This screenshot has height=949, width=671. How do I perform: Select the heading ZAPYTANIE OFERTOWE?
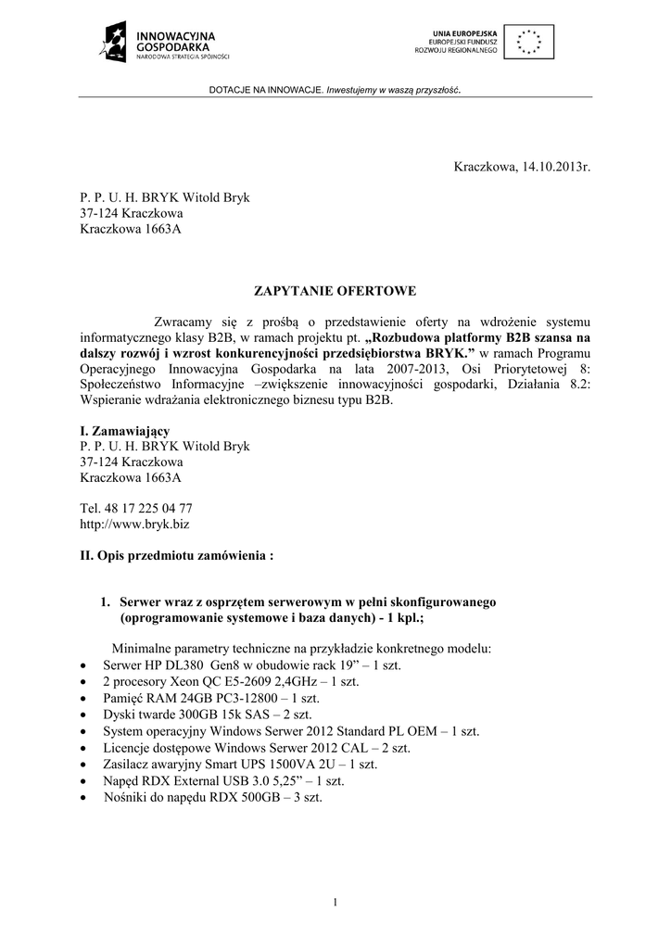pyautogui.click(x=335, y=291)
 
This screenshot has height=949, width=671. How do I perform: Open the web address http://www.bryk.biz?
pyautogui.click(x=128, y=524)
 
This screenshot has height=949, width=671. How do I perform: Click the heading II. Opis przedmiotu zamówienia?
pyautogui.click(x=176, y=556)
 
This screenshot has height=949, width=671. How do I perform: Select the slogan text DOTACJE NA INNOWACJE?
pyautogui.click(x=265, y=90)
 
